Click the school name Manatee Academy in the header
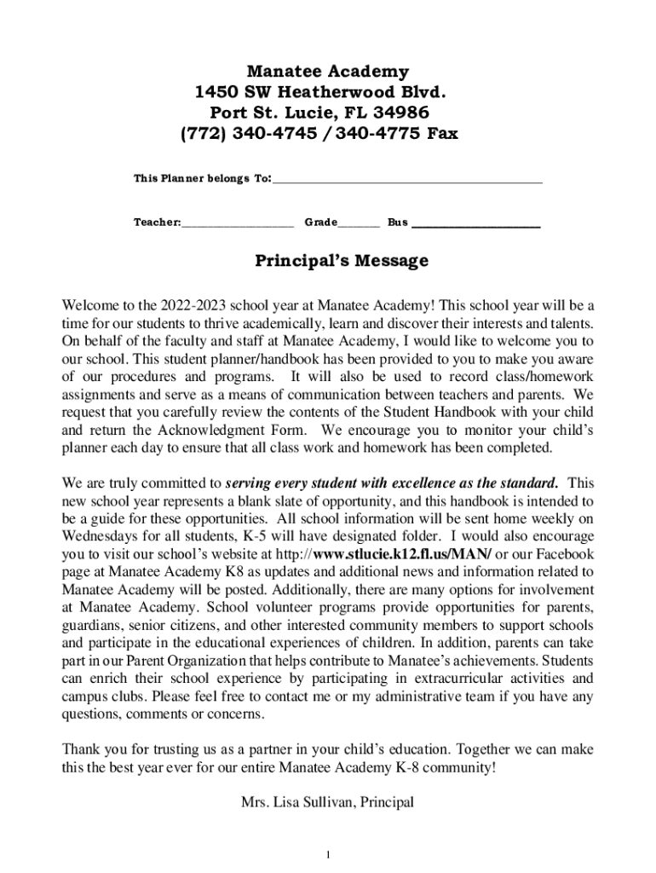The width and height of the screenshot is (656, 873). [x=327, y=72]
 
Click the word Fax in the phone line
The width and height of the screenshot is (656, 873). [x=441, y=134]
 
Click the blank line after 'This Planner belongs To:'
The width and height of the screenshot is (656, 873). [x=407, y=180]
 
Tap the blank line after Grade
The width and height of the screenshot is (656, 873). [x=359, y=224]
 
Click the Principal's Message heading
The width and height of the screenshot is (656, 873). [x=329, y=261]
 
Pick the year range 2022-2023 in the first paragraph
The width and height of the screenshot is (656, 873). [x=190, y=305]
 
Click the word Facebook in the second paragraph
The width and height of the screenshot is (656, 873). [x=564, y=554]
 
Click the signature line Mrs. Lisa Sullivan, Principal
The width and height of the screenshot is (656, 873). [x=328, y=802]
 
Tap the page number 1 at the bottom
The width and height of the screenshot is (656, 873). [x=328, y=855]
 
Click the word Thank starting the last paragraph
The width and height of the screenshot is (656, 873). [x=81, y=749]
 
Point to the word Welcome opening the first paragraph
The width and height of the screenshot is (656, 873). [x=90, y=305]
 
